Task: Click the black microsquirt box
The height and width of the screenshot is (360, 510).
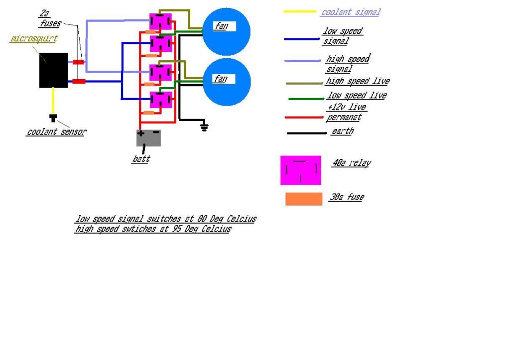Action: (x=53, y=70)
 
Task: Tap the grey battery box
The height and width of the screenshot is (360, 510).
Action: (x=148, y=138)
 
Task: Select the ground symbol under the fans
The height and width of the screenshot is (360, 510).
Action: (x=204, y=127)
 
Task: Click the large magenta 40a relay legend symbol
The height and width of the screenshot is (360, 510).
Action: (x=301, y=170)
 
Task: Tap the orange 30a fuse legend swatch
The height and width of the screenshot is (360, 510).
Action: (x=304, y=199)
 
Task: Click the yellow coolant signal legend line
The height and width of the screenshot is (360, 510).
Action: (x=300, y=11)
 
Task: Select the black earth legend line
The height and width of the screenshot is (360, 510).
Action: (x=306, y=133)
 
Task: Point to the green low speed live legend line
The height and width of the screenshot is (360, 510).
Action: (x=306, y=99)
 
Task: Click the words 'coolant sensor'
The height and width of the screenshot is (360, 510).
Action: (x=56, y=132)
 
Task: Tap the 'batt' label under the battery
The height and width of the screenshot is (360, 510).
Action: (x=141, y=159)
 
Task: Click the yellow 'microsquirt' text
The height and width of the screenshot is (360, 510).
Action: (x=33, y=39)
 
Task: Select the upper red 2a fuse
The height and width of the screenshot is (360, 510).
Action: (x=79, y=62)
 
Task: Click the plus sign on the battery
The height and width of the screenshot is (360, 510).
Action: (x=141, y=133)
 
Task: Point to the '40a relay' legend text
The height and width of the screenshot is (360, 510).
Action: (x=352, y=163)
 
